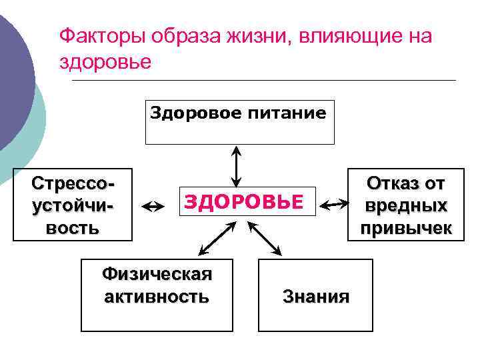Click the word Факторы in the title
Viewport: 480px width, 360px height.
(x=101, y=37)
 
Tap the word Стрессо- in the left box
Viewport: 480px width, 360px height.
(x=73, y=184)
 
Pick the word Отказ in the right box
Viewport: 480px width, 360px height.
(x=406, y=184)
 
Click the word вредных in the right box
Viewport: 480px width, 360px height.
(x=406, y=206)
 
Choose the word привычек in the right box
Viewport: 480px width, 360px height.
(x=406, y=229)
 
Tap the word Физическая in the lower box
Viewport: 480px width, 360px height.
(x=157, y=274)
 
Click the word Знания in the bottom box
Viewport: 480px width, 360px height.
(x=315, y=296)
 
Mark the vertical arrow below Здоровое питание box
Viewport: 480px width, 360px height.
(x=235, y=166)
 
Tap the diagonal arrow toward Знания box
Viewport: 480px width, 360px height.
(x=265, y=239)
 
